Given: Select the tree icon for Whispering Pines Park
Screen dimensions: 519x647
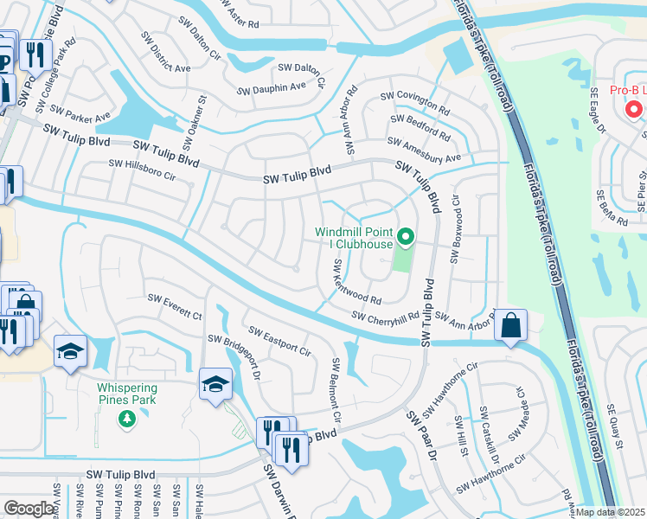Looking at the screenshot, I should click(x=128, y=420).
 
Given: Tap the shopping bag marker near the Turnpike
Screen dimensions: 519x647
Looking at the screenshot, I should click(x=511, y=326).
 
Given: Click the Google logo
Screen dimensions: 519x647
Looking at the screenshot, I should click(x=29, y=509).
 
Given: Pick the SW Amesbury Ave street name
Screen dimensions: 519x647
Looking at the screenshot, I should click(x=425, y=150).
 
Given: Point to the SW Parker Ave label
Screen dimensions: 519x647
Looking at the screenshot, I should click(x=80, y=112).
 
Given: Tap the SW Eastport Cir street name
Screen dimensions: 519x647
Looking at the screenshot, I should click(x=279, y=341).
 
